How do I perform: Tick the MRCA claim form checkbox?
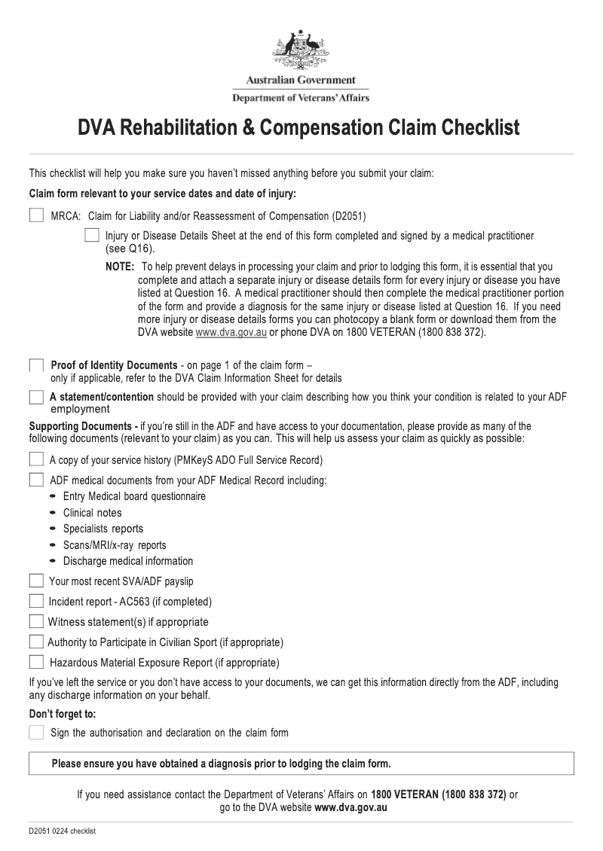(x=36, y=216)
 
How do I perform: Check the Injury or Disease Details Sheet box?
(x=92, y=236)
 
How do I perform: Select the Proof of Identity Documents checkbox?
(x=36, y=366)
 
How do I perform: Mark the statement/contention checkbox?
(x=36, y=397)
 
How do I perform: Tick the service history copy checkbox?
(x=36, y=459)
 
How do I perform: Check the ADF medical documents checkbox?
(x=36, y=480)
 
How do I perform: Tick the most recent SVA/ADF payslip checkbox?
(x=36, y=581)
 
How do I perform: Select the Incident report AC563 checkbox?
(x=36, y=601)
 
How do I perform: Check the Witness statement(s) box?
(x=36, y=621)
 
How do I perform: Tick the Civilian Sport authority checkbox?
(x=36, y=642)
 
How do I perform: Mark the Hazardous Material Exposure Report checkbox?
(x=36, y=662)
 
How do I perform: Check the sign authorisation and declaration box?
(x=36, y=732)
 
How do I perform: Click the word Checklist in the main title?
(x=481, y=127)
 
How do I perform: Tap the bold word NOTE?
(x=119, y=267)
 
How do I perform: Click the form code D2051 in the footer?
(x=40, y=831)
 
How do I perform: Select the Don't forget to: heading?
(x=63, y=713)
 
